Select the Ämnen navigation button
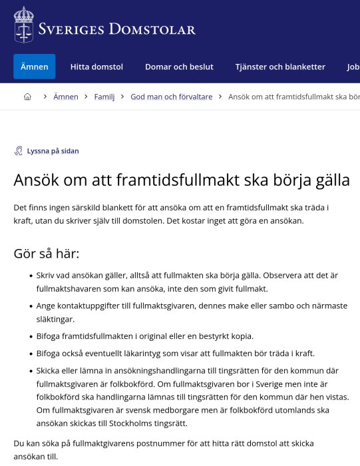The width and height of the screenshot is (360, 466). pos(34,67)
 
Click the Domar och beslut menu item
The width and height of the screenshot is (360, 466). pos(179,67)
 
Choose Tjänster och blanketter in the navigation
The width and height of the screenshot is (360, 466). pos(280,67)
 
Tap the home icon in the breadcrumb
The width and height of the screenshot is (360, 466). pos(27,97)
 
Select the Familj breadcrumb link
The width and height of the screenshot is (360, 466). pos(104,97)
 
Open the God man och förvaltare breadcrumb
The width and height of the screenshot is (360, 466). pos(172,97)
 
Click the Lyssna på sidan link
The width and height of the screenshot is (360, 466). pos(53,151)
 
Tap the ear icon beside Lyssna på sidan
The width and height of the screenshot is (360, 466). pos(19,151)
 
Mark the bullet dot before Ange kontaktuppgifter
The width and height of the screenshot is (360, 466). pos(31,306)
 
